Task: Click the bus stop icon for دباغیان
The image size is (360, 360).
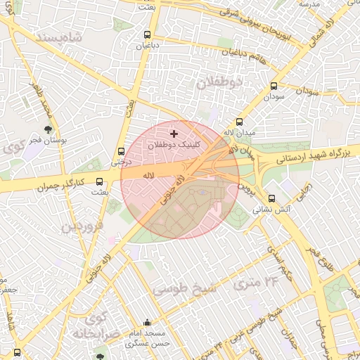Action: click(147, 34)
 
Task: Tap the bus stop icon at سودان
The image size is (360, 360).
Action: click(273, 86)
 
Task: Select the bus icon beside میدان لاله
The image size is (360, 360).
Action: click(240, 121)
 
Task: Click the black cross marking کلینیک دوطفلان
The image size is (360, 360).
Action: click(174, 133)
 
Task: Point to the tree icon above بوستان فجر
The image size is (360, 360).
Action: click(48, 129)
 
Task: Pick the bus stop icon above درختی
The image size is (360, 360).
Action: click(122, 150)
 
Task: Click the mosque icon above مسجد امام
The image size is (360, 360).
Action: click(147, 322)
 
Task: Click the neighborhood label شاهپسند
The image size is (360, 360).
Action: click(57, 35)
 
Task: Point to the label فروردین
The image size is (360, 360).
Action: click(81, 226)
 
